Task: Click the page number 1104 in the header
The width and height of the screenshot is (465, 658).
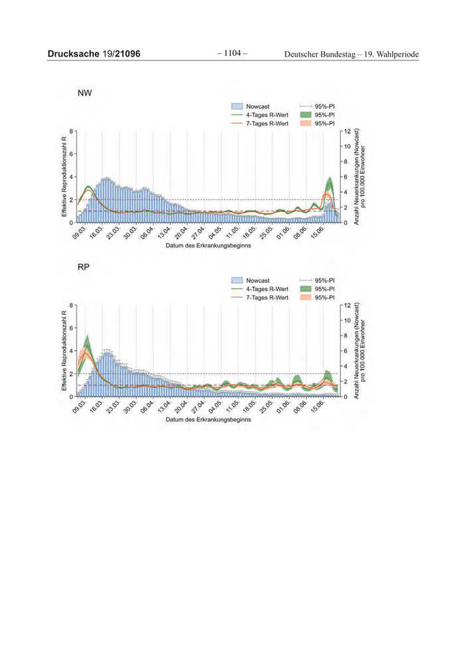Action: [232, 53]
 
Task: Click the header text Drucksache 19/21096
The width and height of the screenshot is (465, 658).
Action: [94, 54]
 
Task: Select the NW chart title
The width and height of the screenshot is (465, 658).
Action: [85, 93]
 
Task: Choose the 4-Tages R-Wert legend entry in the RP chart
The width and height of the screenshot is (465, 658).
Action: [266, 289]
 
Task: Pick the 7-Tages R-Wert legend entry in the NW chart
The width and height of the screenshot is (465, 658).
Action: [266, 124]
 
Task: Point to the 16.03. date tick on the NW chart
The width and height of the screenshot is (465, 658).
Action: [97, 234]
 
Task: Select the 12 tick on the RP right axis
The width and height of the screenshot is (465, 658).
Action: [345, 304]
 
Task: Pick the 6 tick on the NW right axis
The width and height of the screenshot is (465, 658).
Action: [343, 177]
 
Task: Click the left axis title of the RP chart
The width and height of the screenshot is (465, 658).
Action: [64, 350]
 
